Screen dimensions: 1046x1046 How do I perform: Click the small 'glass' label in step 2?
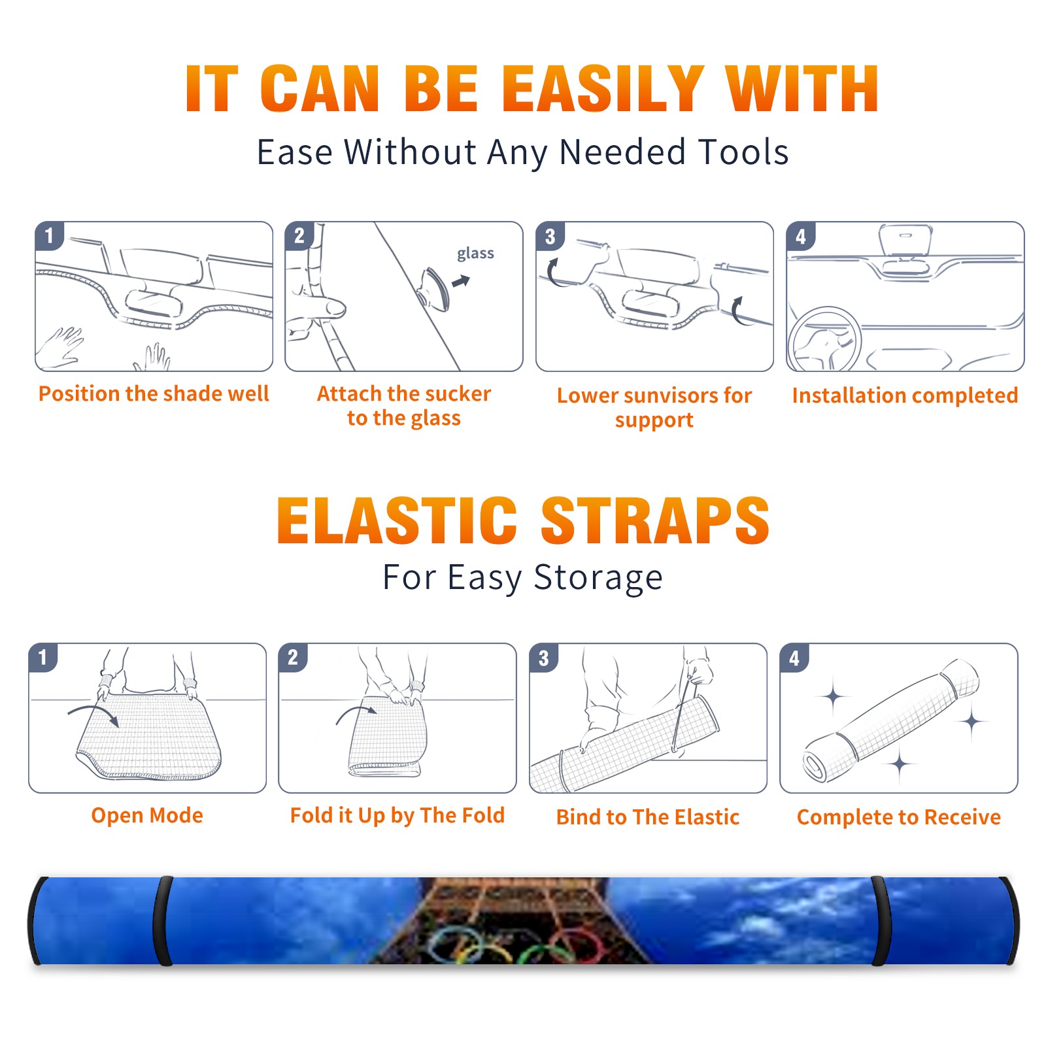tap(475, 254)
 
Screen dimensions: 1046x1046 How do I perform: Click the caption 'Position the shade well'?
tap(154, 394)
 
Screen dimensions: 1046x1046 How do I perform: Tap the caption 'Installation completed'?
tap(905, 396)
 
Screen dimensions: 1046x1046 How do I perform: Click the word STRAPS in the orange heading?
tap(655, 520)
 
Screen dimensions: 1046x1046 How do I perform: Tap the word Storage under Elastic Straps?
tap(598, 578)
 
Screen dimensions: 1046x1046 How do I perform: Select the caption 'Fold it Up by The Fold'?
tap(397, 816)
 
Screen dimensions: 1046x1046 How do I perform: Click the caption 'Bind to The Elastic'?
tap(648, 817)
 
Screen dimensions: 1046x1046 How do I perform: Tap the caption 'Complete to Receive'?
tap(899, 817)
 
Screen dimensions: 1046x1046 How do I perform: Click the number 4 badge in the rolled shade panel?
tap(794, 658)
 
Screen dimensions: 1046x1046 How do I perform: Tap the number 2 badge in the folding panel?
tap(293, 658)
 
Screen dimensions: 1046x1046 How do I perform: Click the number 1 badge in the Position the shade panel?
tap(49, 235)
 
